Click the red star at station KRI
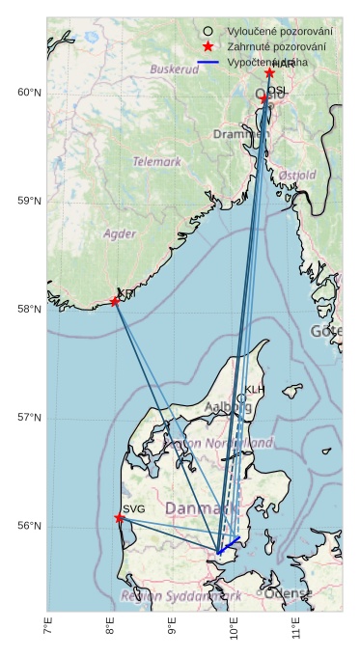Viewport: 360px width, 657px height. [x=115, y=302]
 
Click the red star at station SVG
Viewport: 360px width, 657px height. [x=120, y=518]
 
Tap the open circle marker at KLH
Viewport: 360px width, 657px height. [x=241, y=398]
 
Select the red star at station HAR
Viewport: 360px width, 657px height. [x=270, y=73]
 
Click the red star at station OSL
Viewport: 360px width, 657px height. [x=264, y=98]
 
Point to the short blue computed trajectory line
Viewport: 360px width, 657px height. [x=229, y=545]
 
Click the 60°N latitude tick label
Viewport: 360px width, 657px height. [x=29, y=93]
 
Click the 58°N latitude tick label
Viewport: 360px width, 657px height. [x=29, y=310]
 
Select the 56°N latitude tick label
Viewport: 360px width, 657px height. [x=29, y=527]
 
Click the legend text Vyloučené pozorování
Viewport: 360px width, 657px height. [x=280, y=32]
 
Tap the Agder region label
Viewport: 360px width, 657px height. [x=120, y=233]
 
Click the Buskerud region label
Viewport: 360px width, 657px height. [x=175, y=69]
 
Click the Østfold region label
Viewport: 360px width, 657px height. [x=296, y=175]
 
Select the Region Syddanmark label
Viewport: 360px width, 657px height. [x=181, y=596]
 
